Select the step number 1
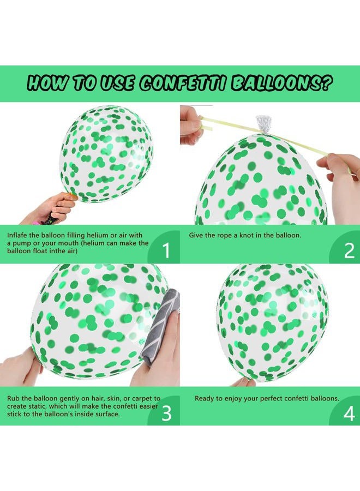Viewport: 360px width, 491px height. [166, 250]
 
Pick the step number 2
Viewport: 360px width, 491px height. [349, 250]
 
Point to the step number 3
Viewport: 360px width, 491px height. [166, 414]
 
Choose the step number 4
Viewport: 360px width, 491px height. [349, 414]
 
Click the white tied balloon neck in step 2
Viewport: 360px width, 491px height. [264, 124]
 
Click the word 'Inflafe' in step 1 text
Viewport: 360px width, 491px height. [19, 235]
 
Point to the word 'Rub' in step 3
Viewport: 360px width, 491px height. [14, 399]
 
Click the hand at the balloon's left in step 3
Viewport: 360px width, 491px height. [20, 368]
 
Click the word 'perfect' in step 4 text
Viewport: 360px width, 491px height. [272, 399]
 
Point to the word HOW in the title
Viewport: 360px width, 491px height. [47, 83]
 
